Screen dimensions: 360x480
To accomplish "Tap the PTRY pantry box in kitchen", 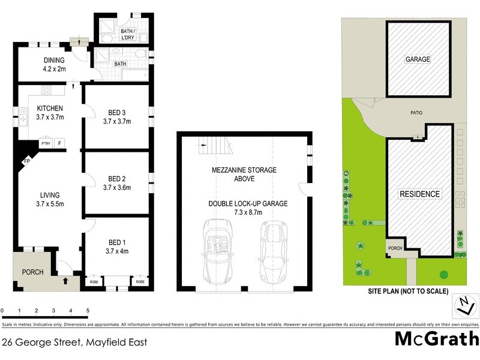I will [x=46, y=143].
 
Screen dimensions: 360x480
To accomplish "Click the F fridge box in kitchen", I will [x=59, y=143].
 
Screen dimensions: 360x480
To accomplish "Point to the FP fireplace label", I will [x=27, y=161].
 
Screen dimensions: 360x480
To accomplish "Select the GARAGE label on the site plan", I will [x=418, y=59].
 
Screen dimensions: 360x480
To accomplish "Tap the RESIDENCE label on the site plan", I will [x=420, y=194].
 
